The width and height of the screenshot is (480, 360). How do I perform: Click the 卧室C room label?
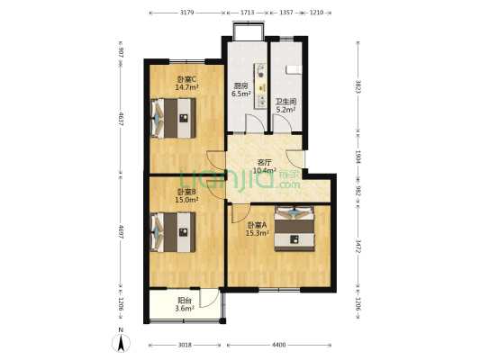(186, 79)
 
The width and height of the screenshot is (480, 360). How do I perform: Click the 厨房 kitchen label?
(240, 86)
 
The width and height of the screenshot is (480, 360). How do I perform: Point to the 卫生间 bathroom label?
(285, 103)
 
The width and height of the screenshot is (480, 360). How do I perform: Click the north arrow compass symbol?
(121, 342)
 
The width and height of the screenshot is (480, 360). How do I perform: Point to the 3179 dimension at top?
(187, 13)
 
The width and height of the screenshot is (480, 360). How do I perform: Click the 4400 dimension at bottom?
(279, 345)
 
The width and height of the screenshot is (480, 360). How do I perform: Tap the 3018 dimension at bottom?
(184, 345)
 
